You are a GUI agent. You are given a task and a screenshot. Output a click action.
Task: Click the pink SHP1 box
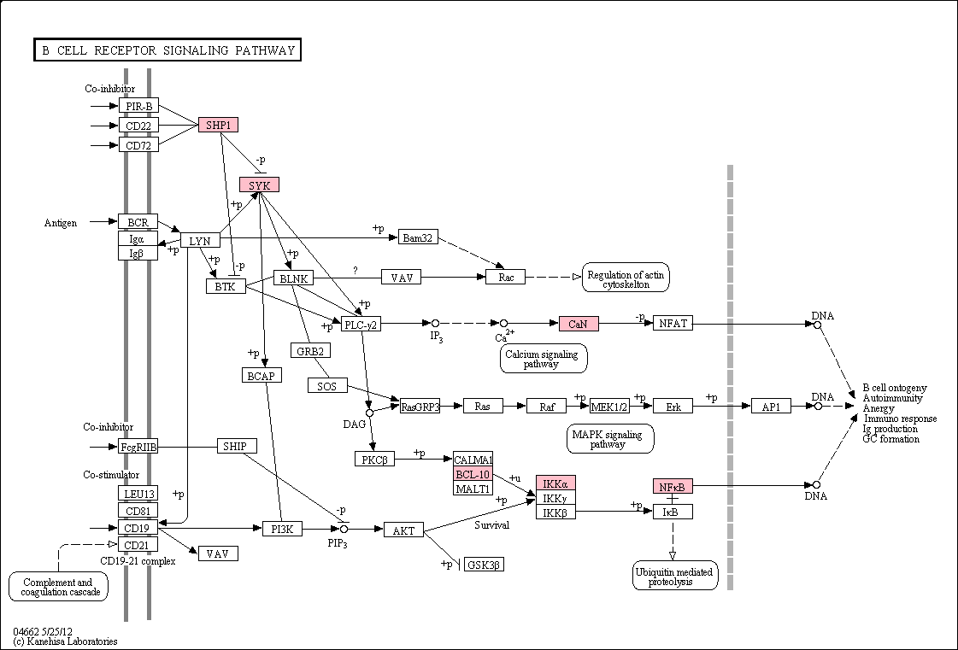(x=218, y=126)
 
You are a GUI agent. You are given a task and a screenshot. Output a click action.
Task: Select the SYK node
(x=260, y=184)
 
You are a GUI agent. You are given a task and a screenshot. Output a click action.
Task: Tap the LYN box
(x=200, y=241)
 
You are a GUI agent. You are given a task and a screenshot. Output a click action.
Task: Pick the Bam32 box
(x=418, y=237)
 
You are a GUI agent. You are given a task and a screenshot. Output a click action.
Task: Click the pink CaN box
(x=579, y=324)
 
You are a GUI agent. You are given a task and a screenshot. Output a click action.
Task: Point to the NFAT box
(x=673, y=323)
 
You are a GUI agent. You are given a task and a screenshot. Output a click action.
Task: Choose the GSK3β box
(x=484, y=565)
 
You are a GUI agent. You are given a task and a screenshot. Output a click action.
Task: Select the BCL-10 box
(x=473, y=474)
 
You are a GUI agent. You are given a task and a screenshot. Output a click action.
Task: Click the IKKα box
(x=555, y=483)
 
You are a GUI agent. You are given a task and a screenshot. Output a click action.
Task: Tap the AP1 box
(x=771, y=407)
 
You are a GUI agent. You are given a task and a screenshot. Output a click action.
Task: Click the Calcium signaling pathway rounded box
(x=544, y=359)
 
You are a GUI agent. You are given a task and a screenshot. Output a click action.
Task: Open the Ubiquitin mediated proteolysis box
(x=675, y=576)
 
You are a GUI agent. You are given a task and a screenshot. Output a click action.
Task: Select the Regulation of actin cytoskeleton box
(x=626, y=278)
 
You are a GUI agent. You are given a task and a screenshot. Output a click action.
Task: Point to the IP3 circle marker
(x=435, y=323)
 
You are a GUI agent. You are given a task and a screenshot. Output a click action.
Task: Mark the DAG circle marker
(x=369, y=413)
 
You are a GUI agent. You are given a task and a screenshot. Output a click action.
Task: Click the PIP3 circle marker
(x=344, y=529)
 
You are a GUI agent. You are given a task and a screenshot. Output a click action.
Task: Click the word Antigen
(x=61, y=223)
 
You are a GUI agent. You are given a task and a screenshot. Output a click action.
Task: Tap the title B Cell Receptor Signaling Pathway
(x=168, y=50)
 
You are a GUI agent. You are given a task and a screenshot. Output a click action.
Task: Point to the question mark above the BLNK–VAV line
(x=356, y=271)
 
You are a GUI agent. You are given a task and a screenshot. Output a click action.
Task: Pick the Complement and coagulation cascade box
(x=59, y=587)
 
